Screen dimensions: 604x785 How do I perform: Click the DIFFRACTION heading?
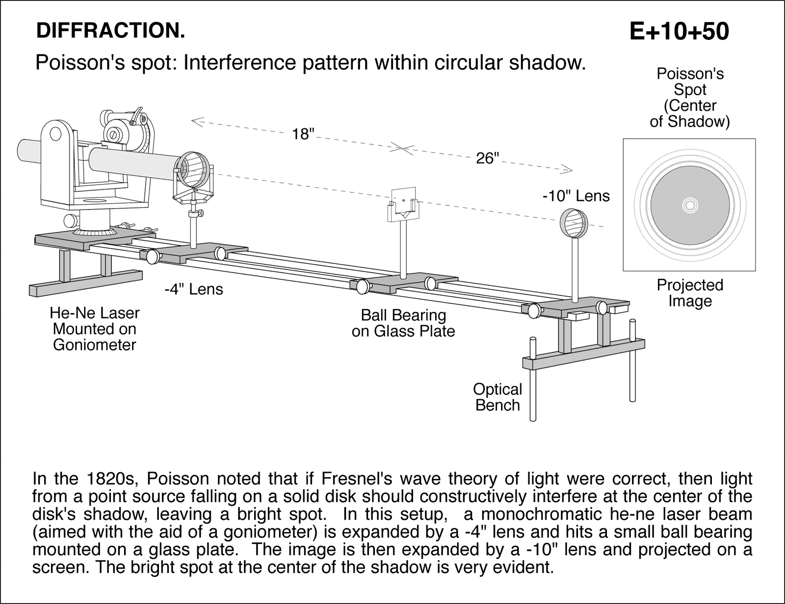(110, 31)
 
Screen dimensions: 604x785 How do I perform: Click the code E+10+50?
(679, 31)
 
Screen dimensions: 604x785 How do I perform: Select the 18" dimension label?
(303, 134)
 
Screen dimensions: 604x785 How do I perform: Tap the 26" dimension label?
(487, 158)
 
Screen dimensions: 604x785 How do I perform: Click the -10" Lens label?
(576, 196)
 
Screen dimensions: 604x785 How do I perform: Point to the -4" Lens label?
(193, 289)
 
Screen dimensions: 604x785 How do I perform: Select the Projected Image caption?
(690, 293)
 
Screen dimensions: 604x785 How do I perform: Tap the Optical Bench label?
(497, 397)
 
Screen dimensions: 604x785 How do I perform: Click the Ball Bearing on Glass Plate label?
(403, 323)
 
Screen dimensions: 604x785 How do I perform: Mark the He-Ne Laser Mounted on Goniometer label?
(94, 329)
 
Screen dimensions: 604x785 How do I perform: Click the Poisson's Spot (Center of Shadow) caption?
(690, 98)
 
